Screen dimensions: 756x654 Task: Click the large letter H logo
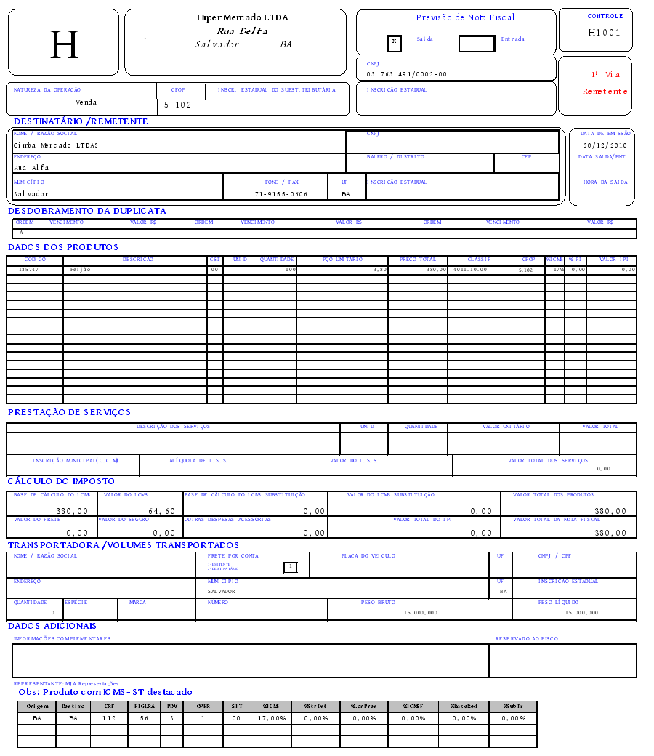(x=64, y=45)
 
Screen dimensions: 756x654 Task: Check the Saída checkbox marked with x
(x=394, y=42)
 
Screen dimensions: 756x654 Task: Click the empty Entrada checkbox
(x=476, y=44)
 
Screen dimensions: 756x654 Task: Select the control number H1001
(x=605, y=33)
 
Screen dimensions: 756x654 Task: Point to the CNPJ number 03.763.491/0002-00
(x=406, y=74)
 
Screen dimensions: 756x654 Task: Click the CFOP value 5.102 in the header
(x=177, y=105)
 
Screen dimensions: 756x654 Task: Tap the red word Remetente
(x=605, y=92)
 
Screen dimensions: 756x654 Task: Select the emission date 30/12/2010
(x=605, y=145)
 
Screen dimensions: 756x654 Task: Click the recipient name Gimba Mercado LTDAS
(x=55, y=145)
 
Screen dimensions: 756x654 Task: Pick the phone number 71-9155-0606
(x=281, y=195)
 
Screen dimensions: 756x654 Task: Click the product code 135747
(x=29, y=270)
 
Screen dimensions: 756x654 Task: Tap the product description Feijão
(x=81, y=270)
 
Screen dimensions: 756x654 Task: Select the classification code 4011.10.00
(x=469, y=270)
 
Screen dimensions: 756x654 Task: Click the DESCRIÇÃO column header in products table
(x=137, y=260)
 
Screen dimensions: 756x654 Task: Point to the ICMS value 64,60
(x=161, y=511)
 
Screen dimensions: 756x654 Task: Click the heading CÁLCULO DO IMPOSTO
(x=61, y=481)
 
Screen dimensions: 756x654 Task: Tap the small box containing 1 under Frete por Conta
(x=290, y=567)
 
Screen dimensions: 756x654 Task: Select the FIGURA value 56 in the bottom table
(x=144, y=718)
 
